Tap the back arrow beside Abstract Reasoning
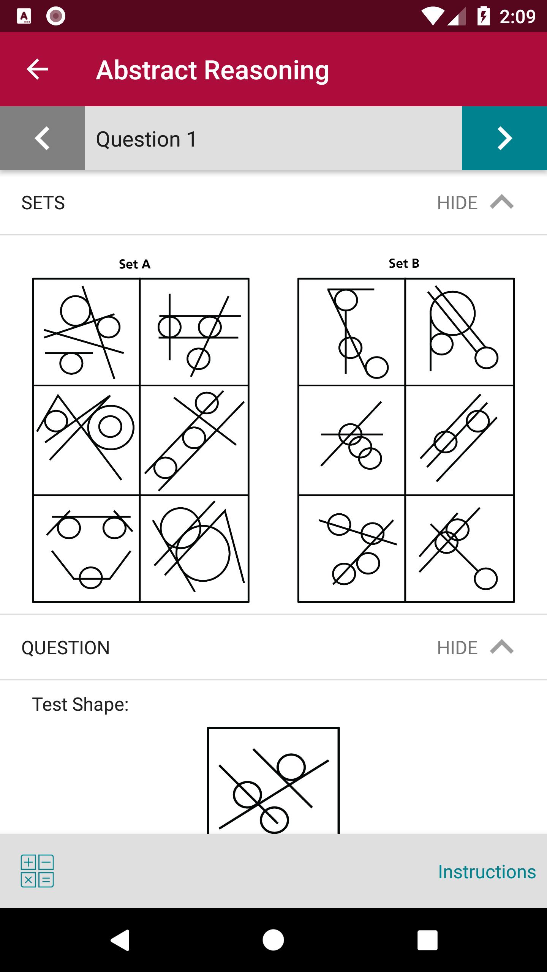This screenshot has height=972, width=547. click(37, 69)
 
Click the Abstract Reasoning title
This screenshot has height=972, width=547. click(212, 70)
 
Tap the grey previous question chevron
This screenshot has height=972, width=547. click(42, 138)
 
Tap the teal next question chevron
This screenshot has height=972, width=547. click(504, 138)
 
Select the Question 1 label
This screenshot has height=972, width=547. click(146, 139)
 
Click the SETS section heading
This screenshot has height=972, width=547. click(43, 203)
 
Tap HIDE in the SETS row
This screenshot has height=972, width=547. click(457, 203)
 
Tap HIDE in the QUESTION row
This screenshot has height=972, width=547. click(457, 648)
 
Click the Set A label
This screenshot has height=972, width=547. click(134, 264)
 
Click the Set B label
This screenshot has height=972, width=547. click(404, 263)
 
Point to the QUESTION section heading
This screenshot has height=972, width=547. click(65, 648)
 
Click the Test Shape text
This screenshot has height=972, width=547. click(80, 705)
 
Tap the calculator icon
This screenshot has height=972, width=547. click(37, 871)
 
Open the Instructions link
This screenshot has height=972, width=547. click(487, 872)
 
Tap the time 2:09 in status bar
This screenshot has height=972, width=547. click(517, 17)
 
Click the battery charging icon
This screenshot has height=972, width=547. click(484, 16)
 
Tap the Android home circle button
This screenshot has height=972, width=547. click(273, 940)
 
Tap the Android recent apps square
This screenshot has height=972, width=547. click(427, 940)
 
